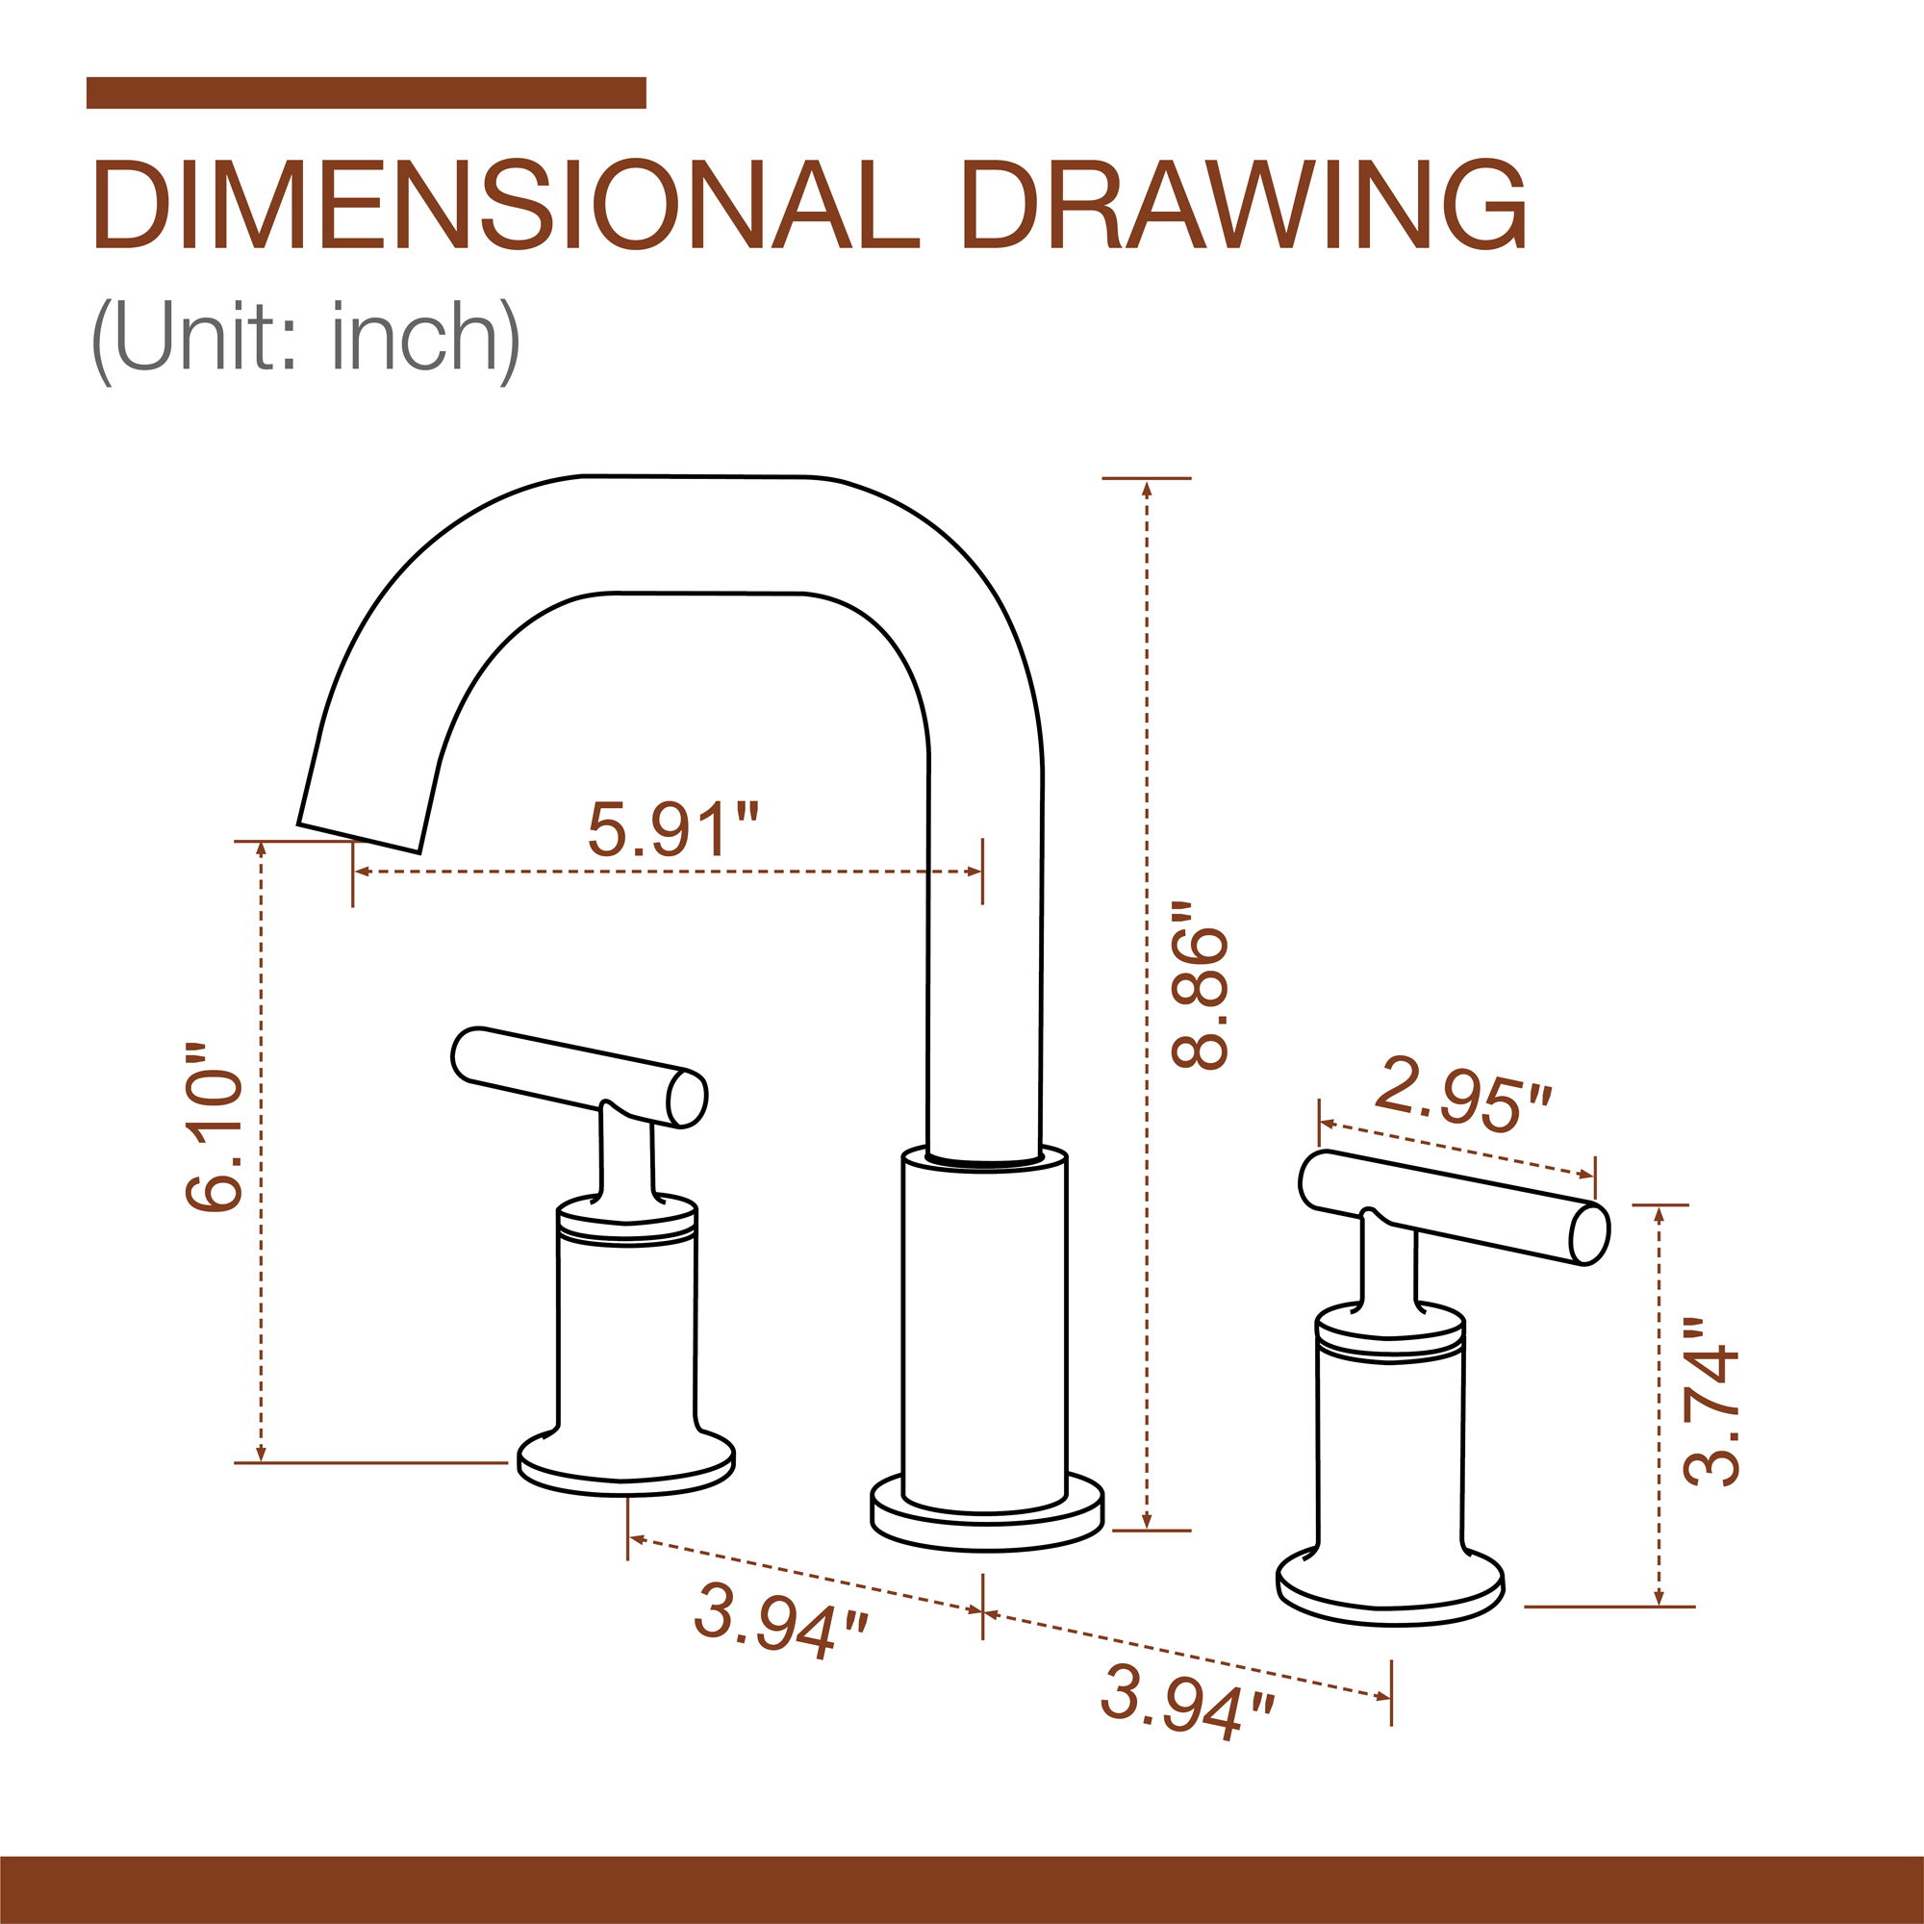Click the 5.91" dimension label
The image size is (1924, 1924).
(672, 828)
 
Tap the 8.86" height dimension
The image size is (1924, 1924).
(1200, 985)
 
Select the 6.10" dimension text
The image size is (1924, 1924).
(214, 1127)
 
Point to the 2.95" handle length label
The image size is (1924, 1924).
(1462, 1097)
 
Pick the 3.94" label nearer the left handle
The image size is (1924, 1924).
(780, 1620)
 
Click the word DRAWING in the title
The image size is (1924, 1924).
(1245, 205)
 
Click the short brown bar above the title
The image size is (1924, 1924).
(366, 92)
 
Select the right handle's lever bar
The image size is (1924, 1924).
(1453, 1206)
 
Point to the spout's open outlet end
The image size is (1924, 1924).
(359, 838)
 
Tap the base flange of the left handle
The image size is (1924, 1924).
(625, 1465)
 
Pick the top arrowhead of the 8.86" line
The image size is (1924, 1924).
(1148, 488)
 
